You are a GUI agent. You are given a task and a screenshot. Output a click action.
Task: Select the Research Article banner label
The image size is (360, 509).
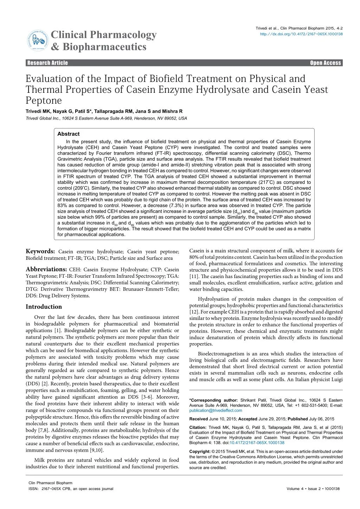coord(47,63)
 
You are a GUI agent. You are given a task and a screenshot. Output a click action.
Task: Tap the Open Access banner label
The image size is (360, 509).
coord(325,63)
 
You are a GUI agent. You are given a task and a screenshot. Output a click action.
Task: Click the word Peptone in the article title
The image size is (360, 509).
coord(44,101)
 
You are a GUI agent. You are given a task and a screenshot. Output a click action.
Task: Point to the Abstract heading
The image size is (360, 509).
coord(68,134)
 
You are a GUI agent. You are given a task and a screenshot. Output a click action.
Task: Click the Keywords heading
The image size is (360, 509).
coord(40,251)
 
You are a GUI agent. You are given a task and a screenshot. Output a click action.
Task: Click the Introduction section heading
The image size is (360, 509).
coord(44,307)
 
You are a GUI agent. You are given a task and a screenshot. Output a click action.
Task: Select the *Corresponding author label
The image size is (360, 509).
coord(213,400)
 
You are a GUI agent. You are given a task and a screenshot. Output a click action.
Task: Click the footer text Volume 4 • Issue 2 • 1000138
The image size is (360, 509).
coord(315,489)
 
